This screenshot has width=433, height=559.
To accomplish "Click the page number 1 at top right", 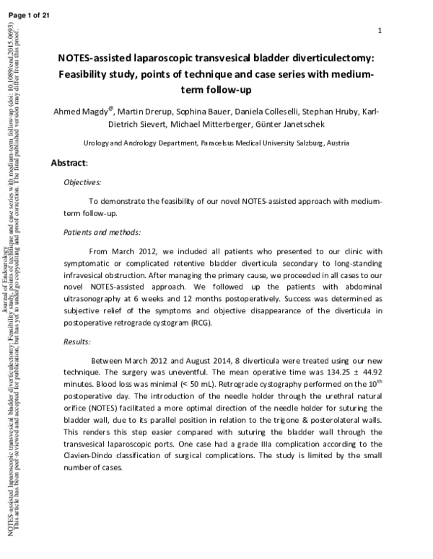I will [380, 30].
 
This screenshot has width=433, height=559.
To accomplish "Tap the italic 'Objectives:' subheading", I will [82, 183].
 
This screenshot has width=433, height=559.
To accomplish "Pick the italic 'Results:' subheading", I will [76, 341].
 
